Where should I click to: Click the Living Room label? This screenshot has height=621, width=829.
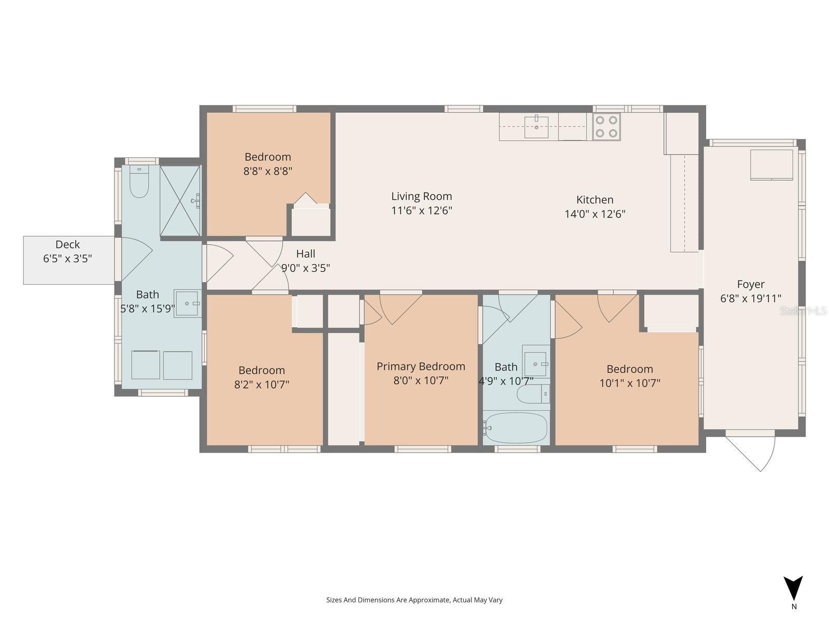click(421, 196)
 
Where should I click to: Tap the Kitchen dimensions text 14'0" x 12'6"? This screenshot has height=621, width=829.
click(595, 214)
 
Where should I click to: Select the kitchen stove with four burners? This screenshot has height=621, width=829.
click(606, 127)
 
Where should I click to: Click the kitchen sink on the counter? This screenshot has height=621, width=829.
click(536, 127)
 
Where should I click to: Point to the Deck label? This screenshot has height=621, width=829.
click(68, 244)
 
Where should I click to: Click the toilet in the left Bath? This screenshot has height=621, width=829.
click(139, 182)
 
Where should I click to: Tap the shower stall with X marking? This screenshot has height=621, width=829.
click(180, 201)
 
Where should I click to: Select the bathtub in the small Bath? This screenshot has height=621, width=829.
click(516, 428)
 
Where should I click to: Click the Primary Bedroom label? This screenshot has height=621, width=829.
click(421, 366)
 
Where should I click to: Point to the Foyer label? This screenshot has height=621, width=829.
click(750, 284)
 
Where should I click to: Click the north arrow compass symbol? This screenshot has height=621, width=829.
click(793, 590)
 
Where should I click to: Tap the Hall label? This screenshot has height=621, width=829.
click(306, 254)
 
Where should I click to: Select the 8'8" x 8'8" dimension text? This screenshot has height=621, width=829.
click(268, 171)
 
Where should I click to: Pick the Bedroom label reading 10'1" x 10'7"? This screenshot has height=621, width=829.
click(630, 369)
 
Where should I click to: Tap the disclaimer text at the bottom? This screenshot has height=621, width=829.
click(414, 600)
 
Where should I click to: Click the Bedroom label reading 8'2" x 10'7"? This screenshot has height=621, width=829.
click(261, 370)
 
